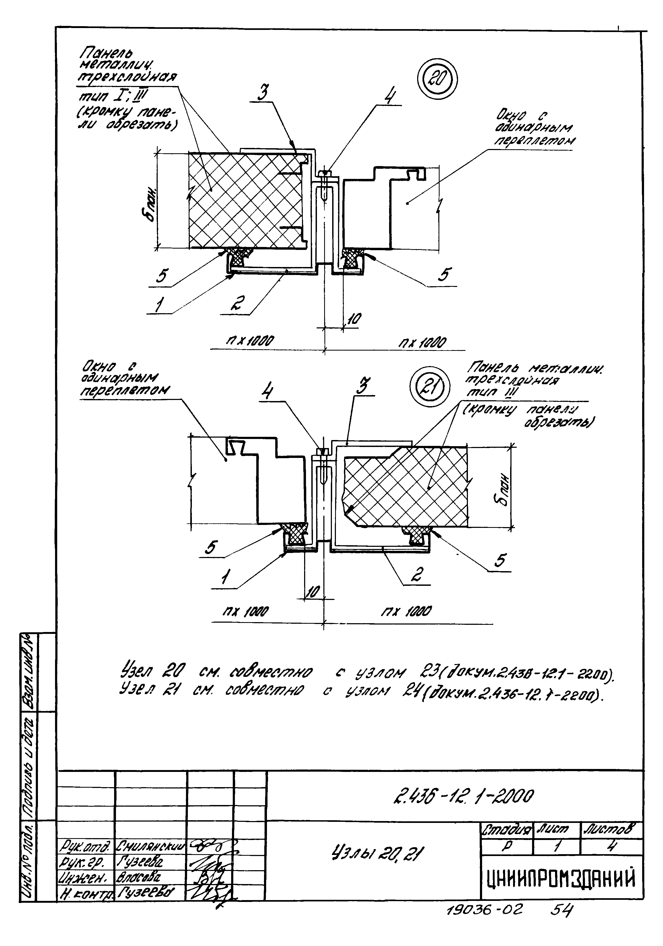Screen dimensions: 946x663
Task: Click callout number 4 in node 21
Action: (x=267, y=391)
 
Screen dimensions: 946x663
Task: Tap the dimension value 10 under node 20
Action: (x=354, y=319)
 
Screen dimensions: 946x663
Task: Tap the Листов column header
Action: (x=611, y=828)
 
